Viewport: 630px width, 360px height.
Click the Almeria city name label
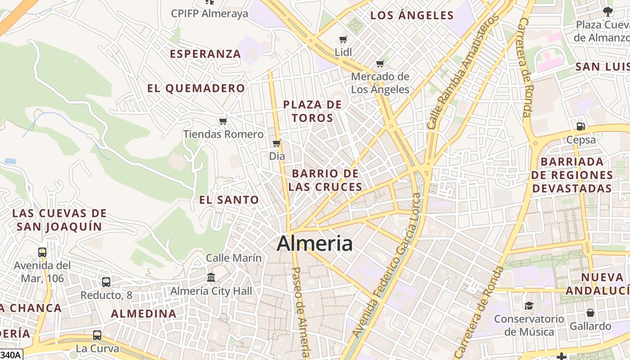coord(315,243)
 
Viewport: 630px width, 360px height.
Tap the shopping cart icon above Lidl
coord(343,40)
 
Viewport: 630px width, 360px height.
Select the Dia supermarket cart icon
coord(277,144)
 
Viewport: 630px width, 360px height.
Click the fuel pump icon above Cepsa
coord(581,126)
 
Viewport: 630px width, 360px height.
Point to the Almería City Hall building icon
coord(211,278)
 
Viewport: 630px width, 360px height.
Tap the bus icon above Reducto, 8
coord(106,282)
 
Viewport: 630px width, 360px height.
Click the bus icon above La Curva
coord(97,335)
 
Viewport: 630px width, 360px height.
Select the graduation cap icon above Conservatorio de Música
coord(529,306)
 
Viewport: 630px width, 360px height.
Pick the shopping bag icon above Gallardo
coord(590,313)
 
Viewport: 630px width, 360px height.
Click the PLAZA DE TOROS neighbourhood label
coord(312,111)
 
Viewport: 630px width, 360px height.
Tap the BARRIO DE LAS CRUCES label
coord(325,180)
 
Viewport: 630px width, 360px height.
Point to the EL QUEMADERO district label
coord(196,88)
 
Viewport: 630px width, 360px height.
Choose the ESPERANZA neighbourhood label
coord(205,54)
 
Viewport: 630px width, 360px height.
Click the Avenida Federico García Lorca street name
coord(387,265)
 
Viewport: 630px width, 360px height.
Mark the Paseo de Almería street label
coord(301,313)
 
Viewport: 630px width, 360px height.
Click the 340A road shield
coord(11,355)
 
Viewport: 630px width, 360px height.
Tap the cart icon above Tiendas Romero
coord(223,121)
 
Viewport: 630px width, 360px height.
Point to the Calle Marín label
coord(234,258)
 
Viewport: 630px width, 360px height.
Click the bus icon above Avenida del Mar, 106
coord(42,252)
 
